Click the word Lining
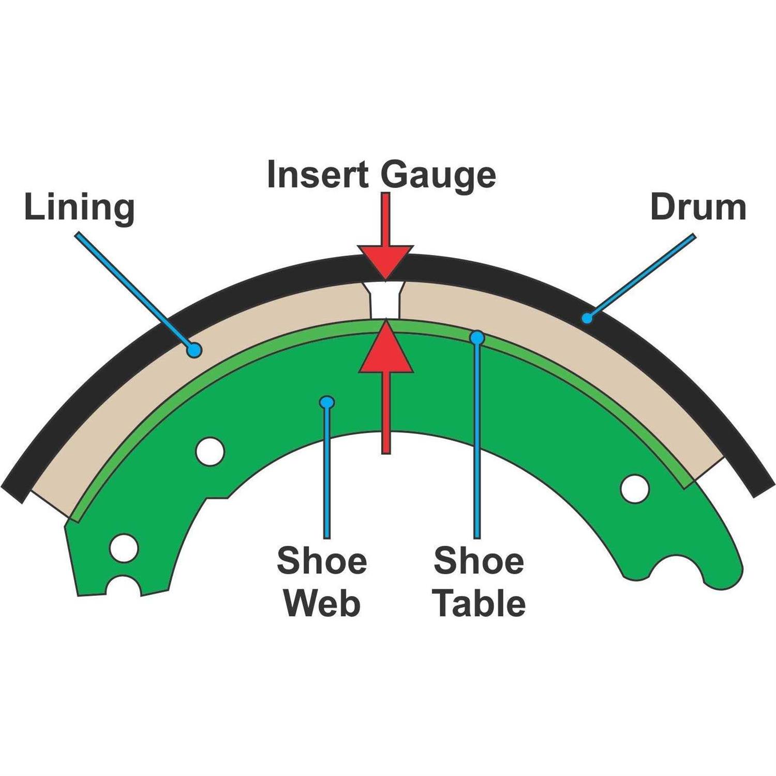[79, 208]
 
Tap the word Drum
[698, 207]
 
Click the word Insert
[317, 174]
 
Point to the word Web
[322, 603]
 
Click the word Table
[480, 603]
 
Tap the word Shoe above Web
[322, 560]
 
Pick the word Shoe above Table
[479, 560]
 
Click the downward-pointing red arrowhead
[385, 262]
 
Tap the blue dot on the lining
[194, 350]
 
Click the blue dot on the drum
[586, 317]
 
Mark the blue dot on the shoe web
[327, 402]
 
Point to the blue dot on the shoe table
[477, 338]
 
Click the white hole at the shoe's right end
[635, 488]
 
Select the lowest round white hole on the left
[124, 548]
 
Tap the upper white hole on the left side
[210, 451]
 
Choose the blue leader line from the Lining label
[135, 291]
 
